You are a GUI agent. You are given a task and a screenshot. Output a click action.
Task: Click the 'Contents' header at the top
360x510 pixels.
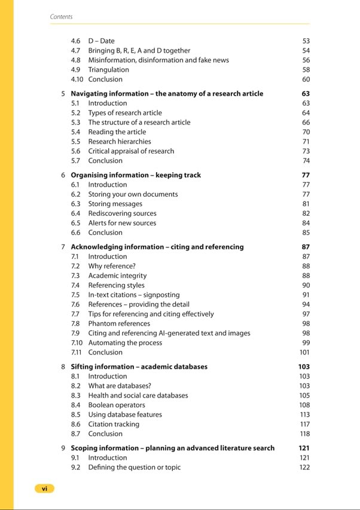[x=61, y=17]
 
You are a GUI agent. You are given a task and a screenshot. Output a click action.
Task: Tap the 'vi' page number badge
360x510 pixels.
[x=44, y=488]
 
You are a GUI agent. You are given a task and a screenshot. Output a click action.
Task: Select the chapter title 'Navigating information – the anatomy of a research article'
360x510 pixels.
[x=167, y=93]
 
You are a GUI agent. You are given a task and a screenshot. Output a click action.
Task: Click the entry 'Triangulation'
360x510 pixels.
[x=108, y=69]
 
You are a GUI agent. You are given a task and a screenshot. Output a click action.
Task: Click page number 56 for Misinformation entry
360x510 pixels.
[x=306, y=60]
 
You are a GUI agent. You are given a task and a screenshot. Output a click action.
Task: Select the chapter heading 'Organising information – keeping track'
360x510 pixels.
[x=136, y=175]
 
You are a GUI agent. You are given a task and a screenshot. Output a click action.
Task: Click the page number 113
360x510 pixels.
[x=304, y=414]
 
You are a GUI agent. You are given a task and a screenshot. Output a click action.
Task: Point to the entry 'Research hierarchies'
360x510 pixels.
[x=120, y=141]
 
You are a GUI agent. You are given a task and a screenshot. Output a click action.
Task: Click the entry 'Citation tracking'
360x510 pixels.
[x=114, y=424]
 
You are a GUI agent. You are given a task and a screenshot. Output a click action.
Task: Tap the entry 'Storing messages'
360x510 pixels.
[x=115, y=203]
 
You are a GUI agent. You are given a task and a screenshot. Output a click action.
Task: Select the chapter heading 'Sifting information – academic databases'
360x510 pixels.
[x=139, y=367]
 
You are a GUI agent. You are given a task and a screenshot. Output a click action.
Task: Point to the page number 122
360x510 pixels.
[x=304, y=467]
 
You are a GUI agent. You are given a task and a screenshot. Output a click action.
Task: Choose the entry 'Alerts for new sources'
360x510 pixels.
[x=122, y=222]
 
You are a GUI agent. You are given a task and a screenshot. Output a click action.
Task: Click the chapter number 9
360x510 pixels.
[x=63, y=448]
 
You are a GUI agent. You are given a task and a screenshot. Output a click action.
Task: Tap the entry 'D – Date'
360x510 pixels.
[x=101, y=41]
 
